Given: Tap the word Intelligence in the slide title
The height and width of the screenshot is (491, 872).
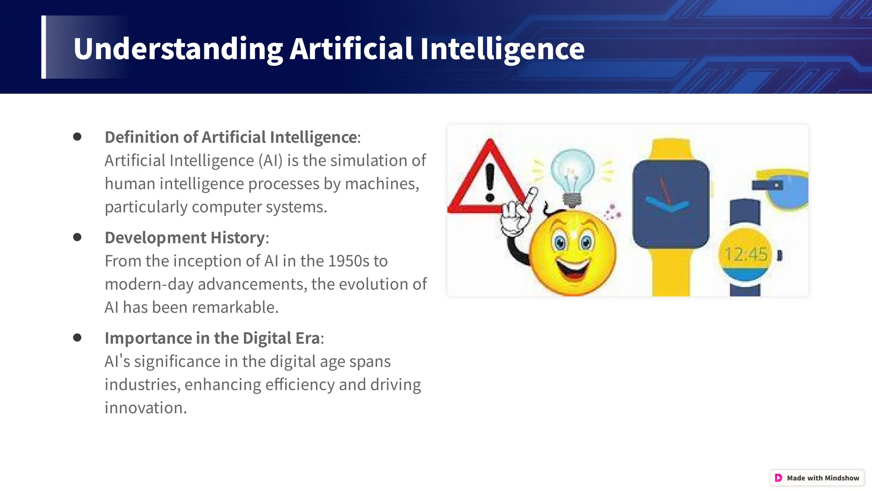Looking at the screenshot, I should tap(502, 49).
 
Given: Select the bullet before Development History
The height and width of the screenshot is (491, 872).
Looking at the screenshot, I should tap(77, 237).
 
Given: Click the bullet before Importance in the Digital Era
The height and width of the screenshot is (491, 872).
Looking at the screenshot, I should tap(77, 338).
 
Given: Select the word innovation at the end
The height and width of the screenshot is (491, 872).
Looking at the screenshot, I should tap(145, 408).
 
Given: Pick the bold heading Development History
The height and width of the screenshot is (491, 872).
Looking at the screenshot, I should tap(185, 237).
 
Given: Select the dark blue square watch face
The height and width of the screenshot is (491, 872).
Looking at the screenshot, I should tap(671, 204).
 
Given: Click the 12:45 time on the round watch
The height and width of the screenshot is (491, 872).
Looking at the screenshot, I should tap(746, 254).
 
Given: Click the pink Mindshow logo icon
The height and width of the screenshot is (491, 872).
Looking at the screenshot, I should tap(778, 478).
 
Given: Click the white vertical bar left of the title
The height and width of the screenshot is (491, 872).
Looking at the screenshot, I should tap(43, 47).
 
